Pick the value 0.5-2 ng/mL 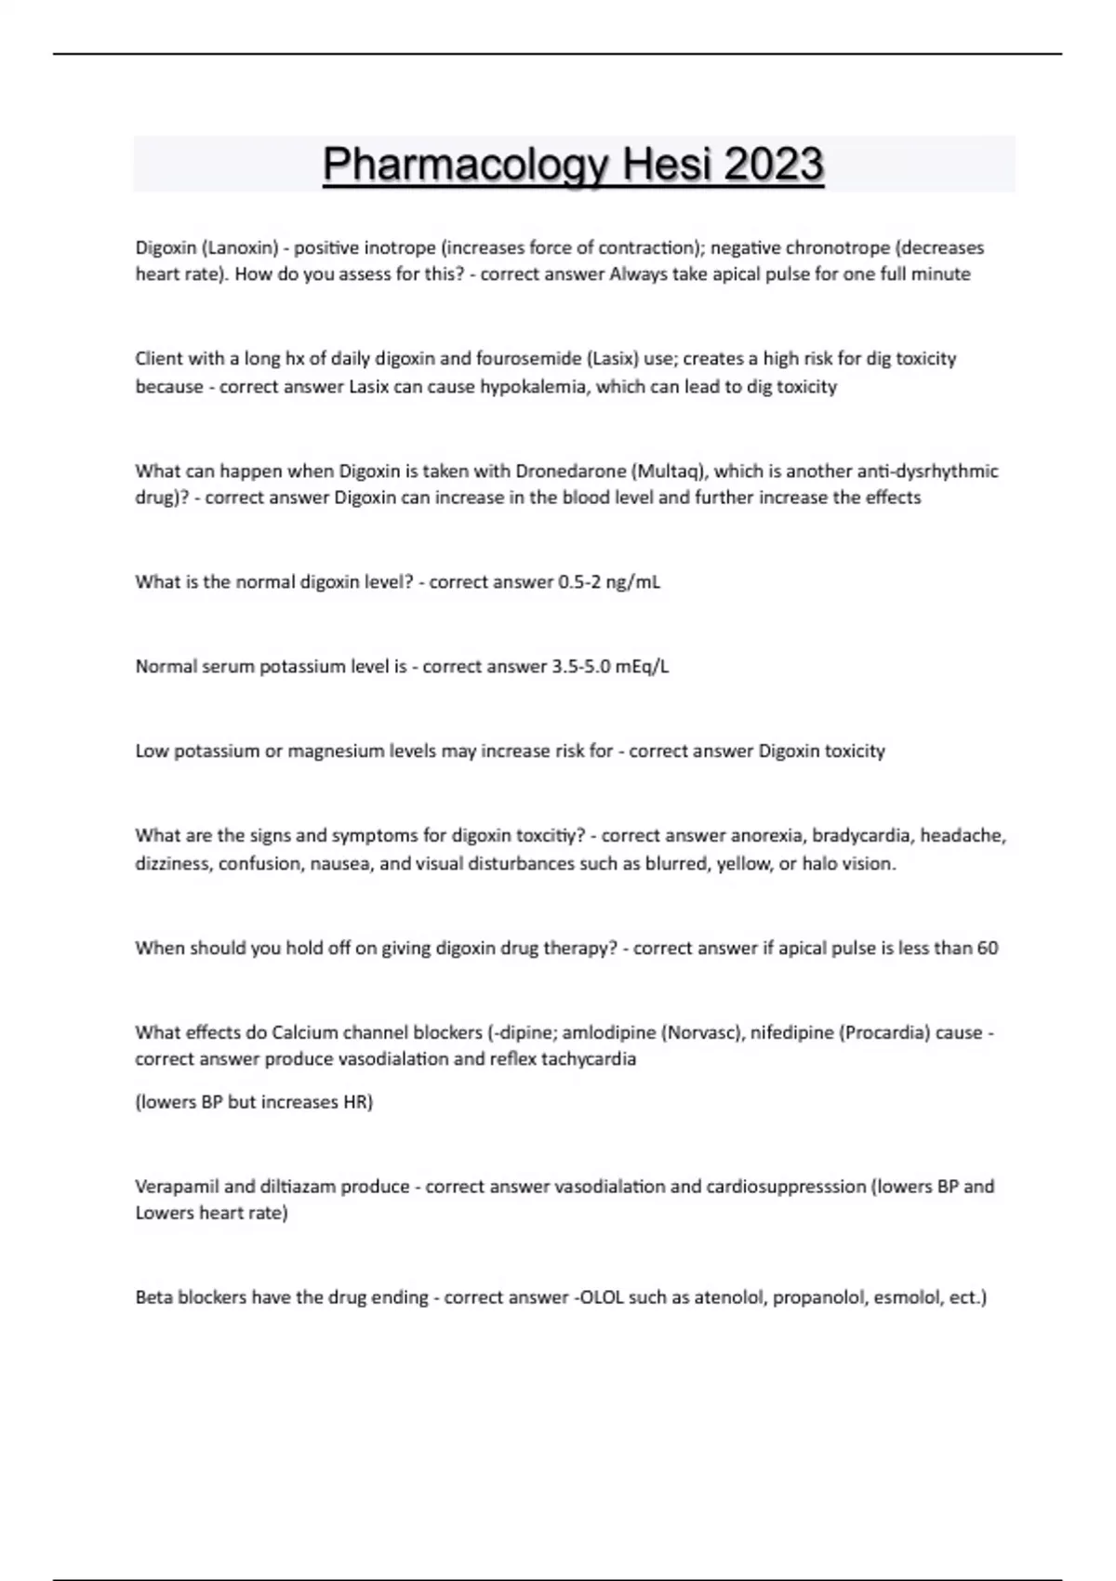click(609, 583)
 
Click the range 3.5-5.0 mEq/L click(610, 667)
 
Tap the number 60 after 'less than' click(988, 949)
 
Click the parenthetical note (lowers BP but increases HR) click(254, 1102)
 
